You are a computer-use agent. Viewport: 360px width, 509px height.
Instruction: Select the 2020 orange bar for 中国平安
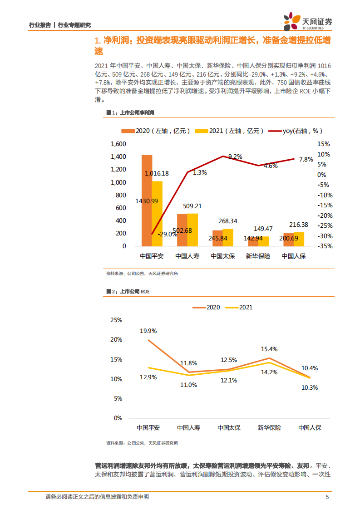coord(147,200)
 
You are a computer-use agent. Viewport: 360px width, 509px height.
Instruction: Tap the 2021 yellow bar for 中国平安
coord(157,213)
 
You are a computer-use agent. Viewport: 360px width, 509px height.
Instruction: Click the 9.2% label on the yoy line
coord(235,157)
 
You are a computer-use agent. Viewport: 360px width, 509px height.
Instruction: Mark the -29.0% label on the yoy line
coord(167,234)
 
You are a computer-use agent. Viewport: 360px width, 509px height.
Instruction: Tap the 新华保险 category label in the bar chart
coord(258,256)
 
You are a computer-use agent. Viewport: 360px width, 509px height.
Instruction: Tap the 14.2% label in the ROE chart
coord(269,372)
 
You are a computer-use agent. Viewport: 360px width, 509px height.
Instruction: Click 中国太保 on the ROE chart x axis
coord(229,428)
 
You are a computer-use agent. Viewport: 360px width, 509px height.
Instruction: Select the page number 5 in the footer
coord(327,497)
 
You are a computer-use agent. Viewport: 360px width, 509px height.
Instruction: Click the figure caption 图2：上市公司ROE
coord(128,291)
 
